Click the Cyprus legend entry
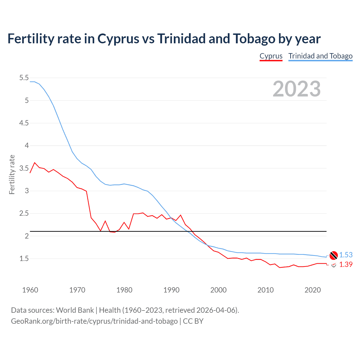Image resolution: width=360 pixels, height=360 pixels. pos(271,56)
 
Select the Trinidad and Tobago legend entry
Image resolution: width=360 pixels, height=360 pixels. pos(320,56)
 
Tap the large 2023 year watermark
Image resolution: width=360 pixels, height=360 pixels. pos(297,89)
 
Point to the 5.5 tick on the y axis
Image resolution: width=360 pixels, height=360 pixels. pos(24,78)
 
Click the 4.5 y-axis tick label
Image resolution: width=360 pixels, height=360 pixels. pos(24,123)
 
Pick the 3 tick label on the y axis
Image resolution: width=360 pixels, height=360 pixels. pos(27,191)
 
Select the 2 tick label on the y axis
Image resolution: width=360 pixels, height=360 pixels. pos(27,236)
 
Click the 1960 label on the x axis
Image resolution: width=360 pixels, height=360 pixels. pos(30,290)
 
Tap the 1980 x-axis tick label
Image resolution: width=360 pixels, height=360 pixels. pos(124,290)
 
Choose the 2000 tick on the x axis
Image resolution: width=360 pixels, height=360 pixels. pos(218,290)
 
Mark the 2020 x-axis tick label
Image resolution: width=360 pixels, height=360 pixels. pos(312,290)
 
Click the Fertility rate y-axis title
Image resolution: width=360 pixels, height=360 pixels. pos(12,174)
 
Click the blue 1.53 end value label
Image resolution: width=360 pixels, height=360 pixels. pos(346,255)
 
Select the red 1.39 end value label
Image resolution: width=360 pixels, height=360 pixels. pos(346,264)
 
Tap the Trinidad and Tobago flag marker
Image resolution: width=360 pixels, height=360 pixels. pos(334,255)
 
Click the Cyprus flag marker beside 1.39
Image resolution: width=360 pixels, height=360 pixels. pos(334,265)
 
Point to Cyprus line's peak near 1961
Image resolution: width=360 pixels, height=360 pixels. pos(35,163)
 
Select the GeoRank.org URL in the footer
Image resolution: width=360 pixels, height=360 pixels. pos(94,321)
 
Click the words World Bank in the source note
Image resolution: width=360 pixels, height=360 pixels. pos(75,310)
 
